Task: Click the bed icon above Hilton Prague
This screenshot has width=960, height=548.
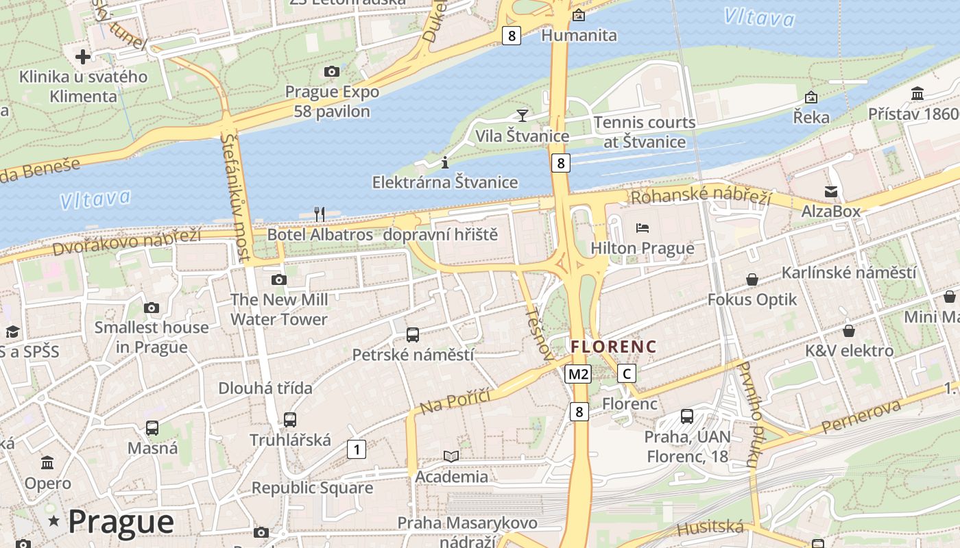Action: coord(643,227)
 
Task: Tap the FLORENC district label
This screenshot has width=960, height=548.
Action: coord(614,347)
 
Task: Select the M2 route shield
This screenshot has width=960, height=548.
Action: coord(578,374)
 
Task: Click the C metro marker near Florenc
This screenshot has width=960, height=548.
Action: coord(626,373)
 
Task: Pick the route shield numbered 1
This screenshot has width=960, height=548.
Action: coord(356,449)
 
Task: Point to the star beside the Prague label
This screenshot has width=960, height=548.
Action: coord(53,522)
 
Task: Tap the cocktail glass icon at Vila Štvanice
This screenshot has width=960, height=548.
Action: coord(523,115)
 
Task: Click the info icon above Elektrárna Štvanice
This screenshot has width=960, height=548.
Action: coord(445,162)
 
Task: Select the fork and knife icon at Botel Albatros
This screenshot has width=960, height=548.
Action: coord(320,214)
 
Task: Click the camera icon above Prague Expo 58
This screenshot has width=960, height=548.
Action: coord(332,71)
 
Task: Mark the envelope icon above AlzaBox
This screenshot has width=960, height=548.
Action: coord(831,191)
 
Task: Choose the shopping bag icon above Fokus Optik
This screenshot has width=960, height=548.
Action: coord(752,279)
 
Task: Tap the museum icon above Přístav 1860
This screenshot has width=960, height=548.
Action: coord(917,93)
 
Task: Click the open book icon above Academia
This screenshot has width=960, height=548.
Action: coord(451,456)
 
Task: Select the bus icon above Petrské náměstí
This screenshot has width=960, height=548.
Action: coord(413,334)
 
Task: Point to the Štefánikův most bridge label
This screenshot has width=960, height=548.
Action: coord(235,197)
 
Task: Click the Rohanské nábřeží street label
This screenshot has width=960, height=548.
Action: coord(701,197)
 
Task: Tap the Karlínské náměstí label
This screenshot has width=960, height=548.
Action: coord(849,273)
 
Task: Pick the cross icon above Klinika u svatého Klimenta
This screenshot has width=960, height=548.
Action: coord(83,56)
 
